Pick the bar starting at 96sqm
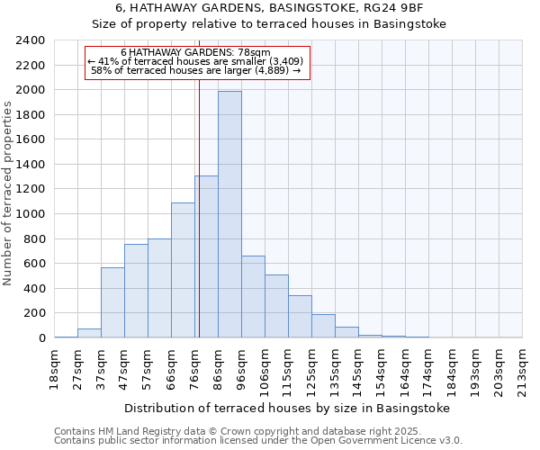(x=253, y=296)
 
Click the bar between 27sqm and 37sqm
(x=89, y=333)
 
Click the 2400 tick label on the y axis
(x=31, y=40)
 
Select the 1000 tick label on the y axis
(x=31, y=214)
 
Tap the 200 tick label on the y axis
(x=34, y=313)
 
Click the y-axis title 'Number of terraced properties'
(x=8, y=193)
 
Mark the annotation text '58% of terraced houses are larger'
(x=196, y=70)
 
